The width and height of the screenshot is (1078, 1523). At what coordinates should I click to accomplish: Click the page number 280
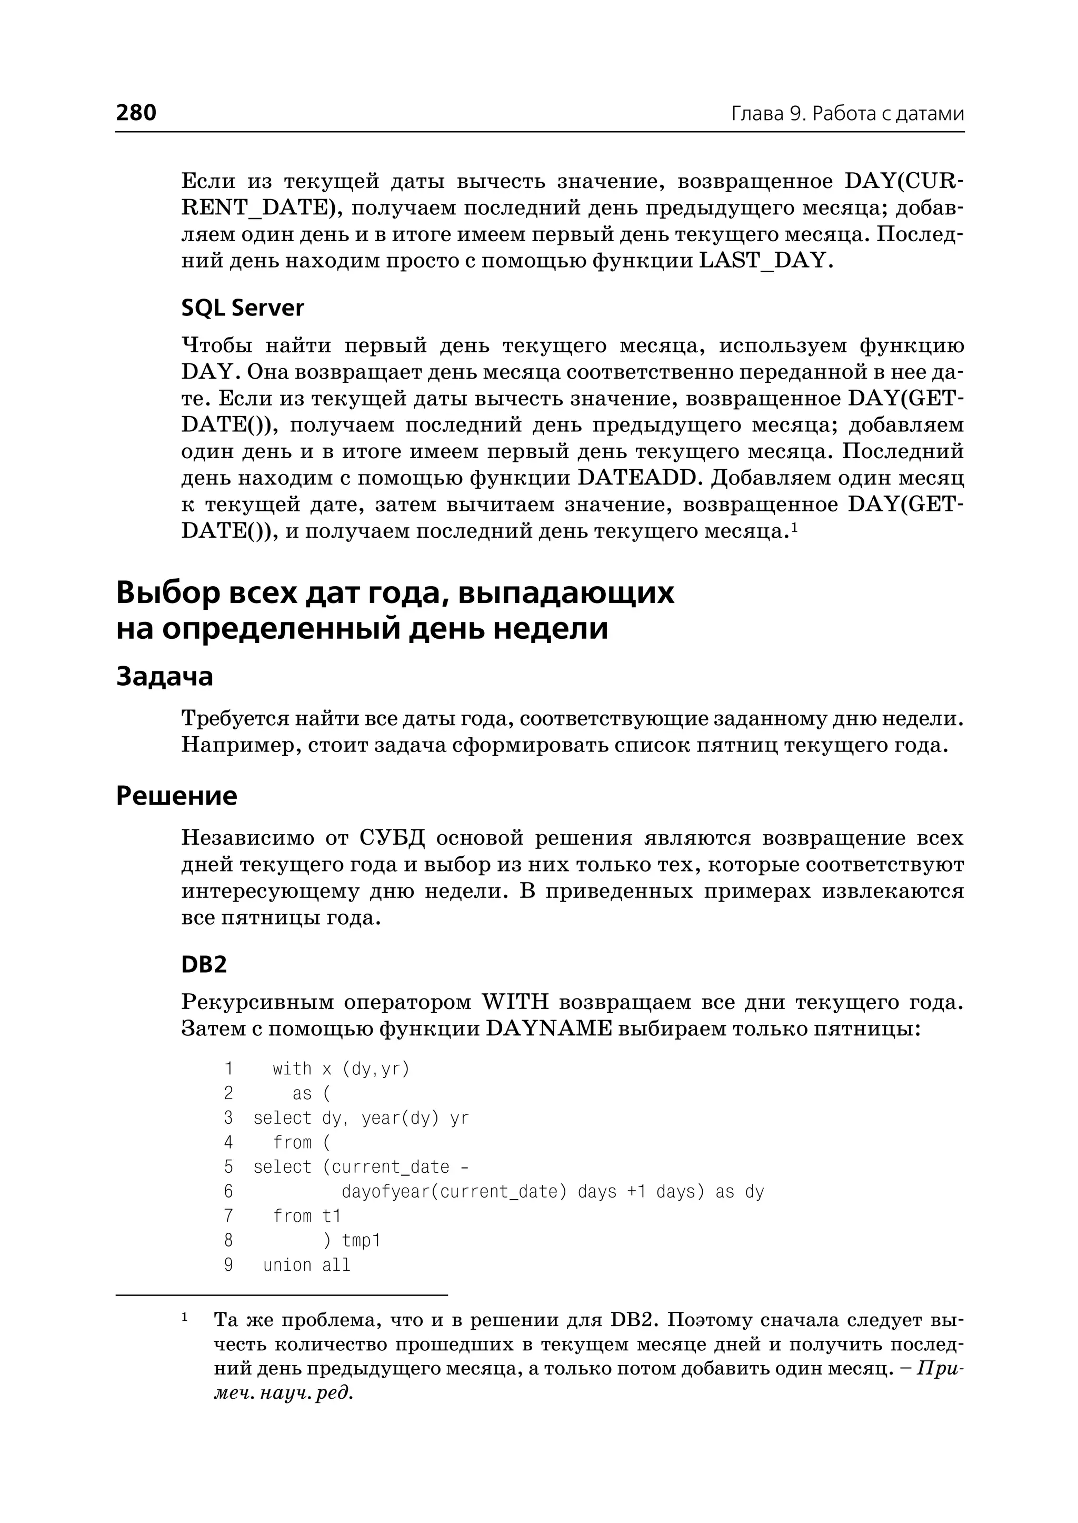coord(136,112)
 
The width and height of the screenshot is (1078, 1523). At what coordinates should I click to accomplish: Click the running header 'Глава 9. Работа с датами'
coord(847,114)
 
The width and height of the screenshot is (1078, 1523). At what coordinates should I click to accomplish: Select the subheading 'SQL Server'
coord(242,308)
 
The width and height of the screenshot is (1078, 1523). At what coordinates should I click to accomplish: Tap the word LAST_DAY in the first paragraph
coord(763,260)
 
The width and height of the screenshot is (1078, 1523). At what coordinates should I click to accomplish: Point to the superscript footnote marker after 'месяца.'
coord(793,527)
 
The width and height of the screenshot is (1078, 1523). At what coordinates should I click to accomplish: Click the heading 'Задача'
coord(165,676)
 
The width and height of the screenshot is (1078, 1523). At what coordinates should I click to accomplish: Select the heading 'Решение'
coord(176,795)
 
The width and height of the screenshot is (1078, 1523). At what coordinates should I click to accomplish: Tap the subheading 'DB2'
coord(204,964)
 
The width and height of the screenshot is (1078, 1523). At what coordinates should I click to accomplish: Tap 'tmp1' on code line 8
coord(361,1241)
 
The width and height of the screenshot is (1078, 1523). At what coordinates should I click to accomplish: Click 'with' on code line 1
coord(292,1069)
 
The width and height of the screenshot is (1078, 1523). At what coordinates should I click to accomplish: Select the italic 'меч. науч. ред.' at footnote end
coord(283,1393)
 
